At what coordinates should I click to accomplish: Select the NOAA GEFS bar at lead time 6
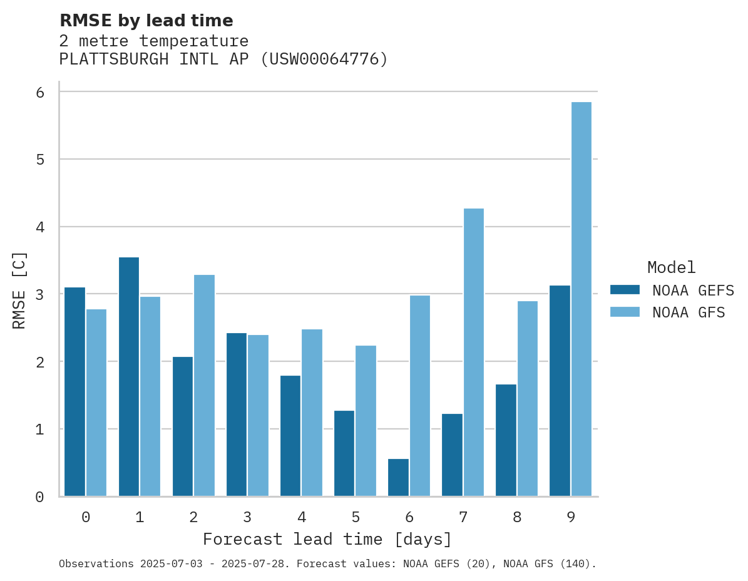pyautogui.click(x=398, y=477)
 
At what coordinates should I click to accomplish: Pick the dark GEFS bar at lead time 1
pyautogui.click(x=129, y=376)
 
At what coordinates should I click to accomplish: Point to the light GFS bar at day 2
pyautogui.click(x=204, y=385)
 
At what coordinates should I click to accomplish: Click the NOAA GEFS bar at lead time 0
pyautogui.click(x=74, y=391)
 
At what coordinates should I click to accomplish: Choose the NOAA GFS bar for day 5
pyautogui.click(x=366, y=421)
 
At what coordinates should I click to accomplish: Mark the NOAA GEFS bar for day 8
pyautogui.click(x=506, y=440)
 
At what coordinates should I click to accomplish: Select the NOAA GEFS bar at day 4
pyautogui.click(x=290, y=436)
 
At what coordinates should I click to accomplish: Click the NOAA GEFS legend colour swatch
pyautogui.click(x=625, y=290)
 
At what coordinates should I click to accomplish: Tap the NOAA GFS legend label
pyautogui.click(x=689, y=312)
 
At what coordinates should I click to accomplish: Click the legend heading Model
pyautogui.click(x=671, y=267)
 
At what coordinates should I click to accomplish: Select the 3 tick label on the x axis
pyautogui.click(x=247, y=517)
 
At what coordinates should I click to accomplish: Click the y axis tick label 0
pyautogui.click(x=39, y=497)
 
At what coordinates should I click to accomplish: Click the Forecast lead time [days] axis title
pyautogui.click(x=327, y=539)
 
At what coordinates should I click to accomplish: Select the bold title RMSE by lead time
pyautogui.click(x=146, y=21)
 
